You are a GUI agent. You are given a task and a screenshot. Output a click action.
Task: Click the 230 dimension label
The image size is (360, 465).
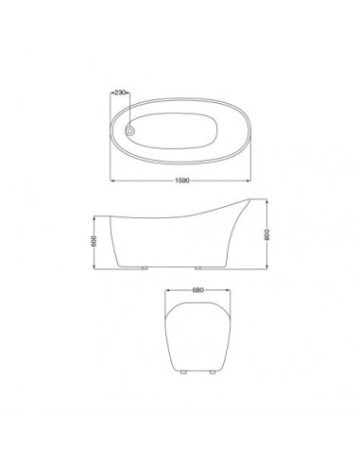coord(120,93)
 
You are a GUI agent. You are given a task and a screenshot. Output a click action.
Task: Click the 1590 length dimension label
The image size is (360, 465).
coord(182,181)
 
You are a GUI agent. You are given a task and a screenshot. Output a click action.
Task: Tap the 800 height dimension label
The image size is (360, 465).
coord(266,234)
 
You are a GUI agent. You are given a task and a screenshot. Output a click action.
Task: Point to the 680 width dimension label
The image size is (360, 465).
coord(197,290)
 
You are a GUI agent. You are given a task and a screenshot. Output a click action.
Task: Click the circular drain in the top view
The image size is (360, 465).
coord(129,129)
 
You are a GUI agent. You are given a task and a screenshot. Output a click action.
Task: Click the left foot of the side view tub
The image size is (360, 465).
coord(145,268)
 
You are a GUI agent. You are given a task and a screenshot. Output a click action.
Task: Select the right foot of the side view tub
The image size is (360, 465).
coord(198,268)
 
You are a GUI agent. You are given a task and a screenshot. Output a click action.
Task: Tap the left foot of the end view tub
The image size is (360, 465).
coord(183,372)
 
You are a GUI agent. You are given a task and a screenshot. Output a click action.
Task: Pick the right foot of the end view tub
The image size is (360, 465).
coord(213,372)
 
